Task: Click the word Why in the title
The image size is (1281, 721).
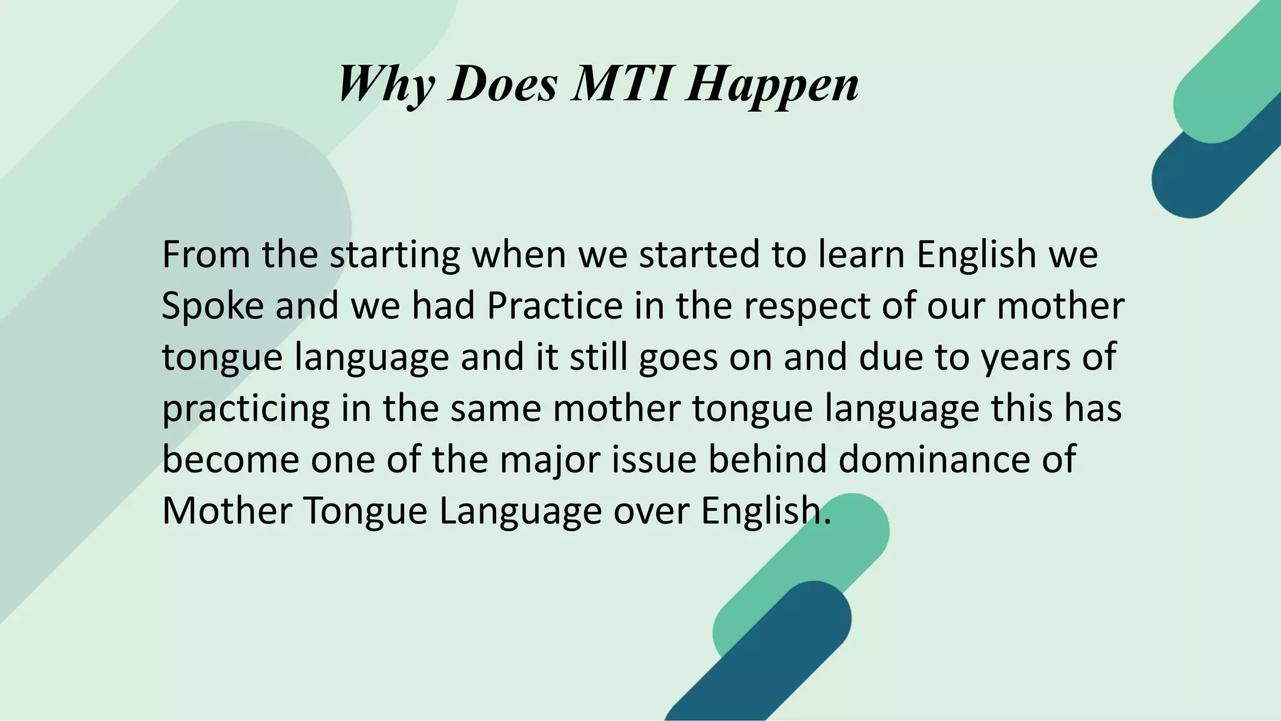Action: coord(385,84)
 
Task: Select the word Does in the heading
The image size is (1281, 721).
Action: coord(503,84)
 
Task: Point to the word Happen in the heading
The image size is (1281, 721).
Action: coord(772,85)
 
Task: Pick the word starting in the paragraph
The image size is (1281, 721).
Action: coord(395,255)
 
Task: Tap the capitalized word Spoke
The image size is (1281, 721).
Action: coord(213,306)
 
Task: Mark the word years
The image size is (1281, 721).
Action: coord(1026,358)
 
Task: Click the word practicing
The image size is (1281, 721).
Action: coord(246,409)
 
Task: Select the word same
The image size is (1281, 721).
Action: coord(495,409)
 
